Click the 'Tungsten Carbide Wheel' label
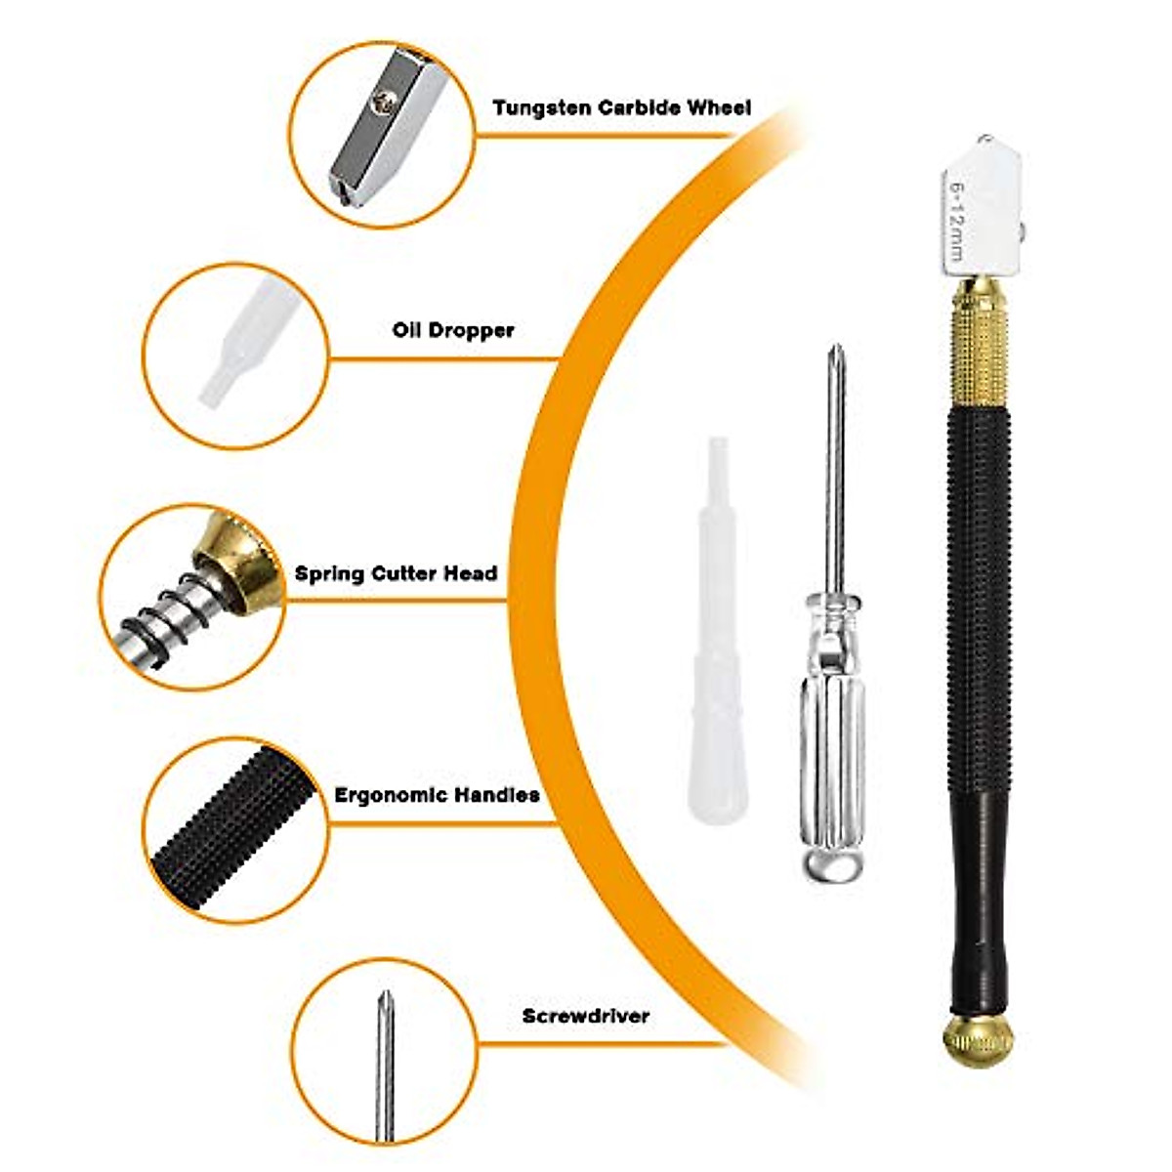coord(621,107)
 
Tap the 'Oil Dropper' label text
coord(453,330)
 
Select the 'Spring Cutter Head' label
coord(396,573)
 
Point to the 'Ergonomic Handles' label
coord(437,795)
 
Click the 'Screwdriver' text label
coord(585,1016)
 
